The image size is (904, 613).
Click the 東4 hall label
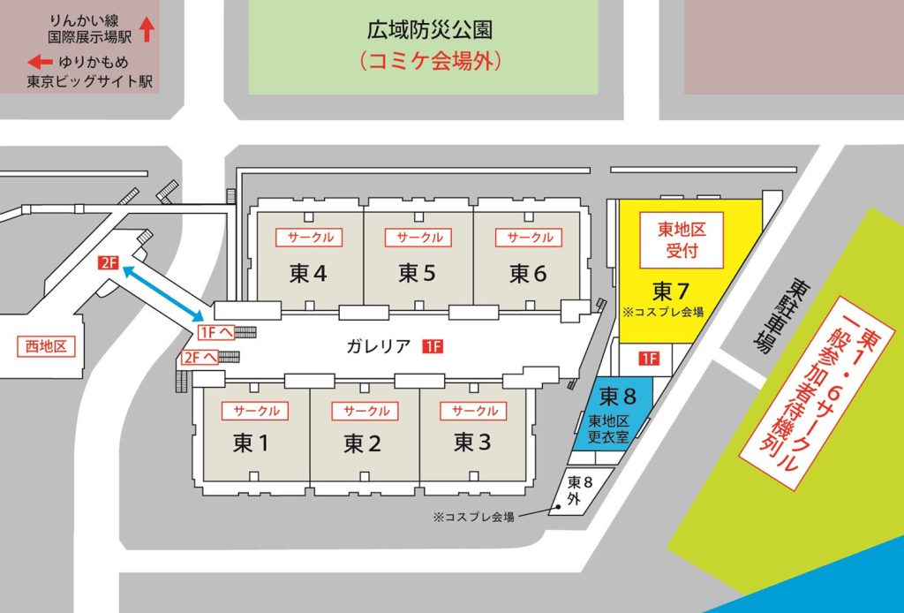tap(308, 274)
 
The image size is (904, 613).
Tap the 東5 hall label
tap(418, 274)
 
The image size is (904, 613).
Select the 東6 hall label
tap(528, 274)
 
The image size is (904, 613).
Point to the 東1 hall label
tap(252, 443)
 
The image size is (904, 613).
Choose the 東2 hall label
tap(362, 443)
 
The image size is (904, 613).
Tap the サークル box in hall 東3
tap(475, 411)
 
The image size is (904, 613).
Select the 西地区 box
tap(49, 346)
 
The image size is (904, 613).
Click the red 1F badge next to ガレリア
tap(433, 346)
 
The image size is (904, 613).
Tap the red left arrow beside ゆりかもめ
tap(40, 63)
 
